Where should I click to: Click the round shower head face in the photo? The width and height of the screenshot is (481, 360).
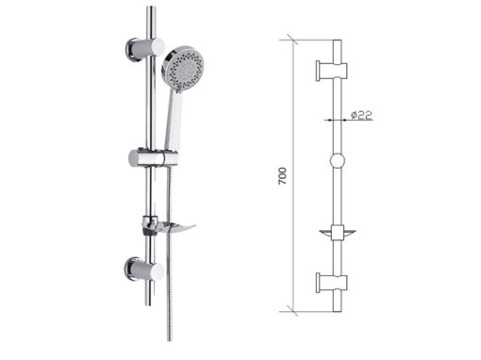tap(183, 68)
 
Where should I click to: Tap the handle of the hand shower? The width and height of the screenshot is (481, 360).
tap(174, 121)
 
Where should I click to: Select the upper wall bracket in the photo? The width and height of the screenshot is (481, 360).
tap(145, 50)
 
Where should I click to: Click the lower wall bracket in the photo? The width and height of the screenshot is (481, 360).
tap(144, 270)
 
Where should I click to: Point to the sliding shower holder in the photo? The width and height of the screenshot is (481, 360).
tap(153, 157)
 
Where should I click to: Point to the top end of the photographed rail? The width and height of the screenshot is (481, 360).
tap(151, 8)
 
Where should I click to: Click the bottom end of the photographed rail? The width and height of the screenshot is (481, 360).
tap(149, 303)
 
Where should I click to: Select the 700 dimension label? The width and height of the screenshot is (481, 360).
tap(283, 176)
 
